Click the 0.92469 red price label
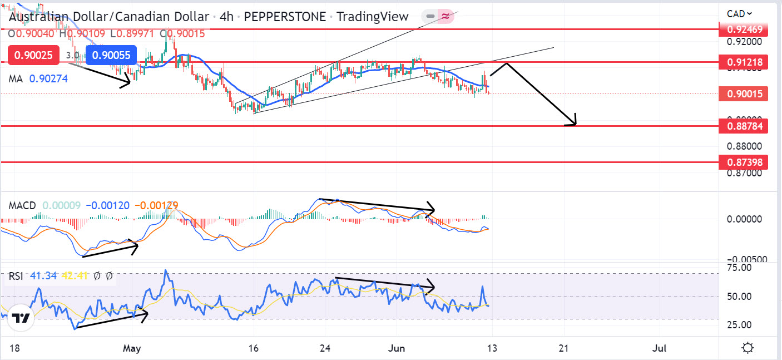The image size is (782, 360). [744, 28]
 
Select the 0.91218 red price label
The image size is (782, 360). [744, 62]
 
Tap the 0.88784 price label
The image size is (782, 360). [744, 126]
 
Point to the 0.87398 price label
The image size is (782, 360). [744, 162]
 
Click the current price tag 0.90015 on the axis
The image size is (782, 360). [744, 94]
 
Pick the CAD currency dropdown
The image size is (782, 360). [739, 14]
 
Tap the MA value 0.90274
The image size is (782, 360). [50, 79]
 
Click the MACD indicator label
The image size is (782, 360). [22, 206]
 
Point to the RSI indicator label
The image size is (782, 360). [16, 276]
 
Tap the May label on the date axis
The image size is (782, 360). [132, 349]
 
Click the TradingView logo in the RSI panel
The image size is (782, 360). [21, 319]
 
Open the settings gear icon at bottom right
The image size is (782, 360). [748, 348]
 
